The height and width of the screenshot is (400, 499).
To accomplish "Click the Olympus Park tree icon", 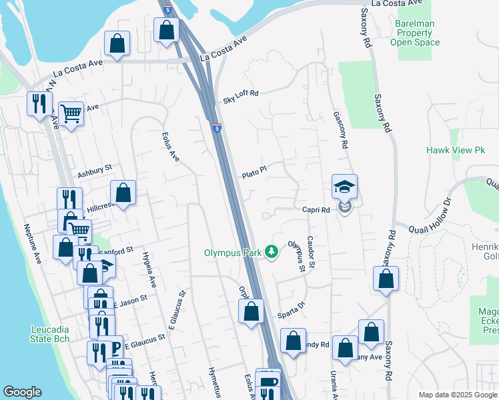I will (x=272, y=252).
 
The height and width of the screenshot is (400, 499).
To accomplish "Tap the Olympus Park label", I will (x=233, y=253).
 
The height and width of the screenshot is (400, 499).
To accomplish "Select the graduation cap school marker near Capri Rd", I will (x=345, y=187).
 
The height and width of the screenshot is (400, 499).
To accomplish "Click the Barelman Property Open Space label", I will (x=415, y=32).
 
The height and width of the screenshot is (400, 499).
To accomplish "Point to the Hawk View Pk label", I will (x=470, y=151).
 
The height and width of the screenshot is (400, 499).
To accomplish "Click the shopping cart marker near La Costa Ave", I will (x=71, y=114).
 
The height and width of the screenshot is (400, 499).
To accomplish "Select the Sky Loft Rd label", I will (x=240, y=97).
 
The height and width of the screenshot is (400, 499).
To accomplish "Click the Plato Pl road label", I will (x=254, y=173).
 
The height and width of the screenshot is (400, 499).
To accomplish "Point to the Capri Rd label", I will (x=317, y=209).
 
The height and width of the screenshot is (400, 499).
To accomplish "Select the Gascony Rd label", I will (x=340, y=130).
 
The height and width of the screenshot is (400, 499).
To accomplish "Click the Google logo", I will (x=22, y=392).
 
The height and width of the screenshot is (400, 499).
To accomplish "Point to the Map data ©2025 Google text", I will (x=457, y=395).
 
